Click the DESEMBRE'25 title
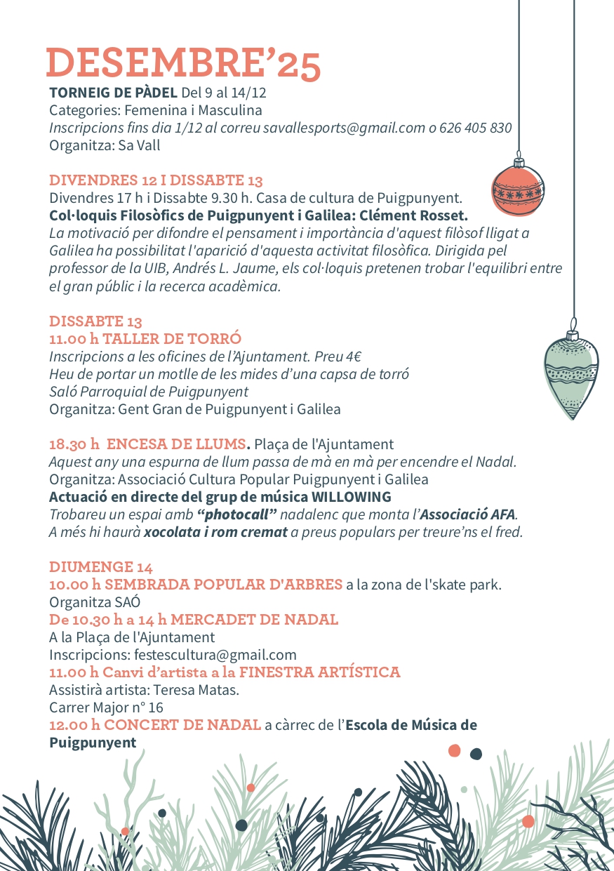point(183,63)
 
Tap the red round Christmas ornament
point(518,190)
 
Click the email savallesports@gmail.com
point(344,128)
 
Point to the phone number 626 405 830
point(476,128)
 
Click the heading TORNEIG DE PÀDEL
point(113,93)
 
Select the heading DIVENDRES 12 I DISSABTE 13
point(156,180)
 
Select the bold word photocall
point(236,514)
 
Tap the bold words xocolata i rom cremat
point(216,532)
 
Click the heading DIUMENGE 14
point(101,566)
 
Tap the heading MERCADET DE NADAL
point(254,620)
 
